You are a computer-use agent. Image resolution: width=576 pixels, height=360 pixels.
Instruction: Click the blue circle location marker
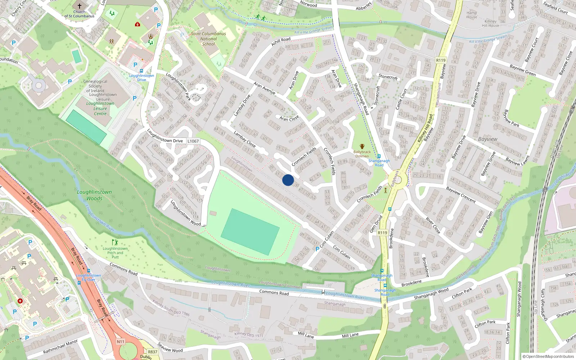pyautogui.click(x=288, y=180)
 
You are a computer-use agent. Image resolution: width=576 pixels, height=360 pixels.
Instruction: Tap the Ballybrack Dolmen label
pyautogui.click(x=362, y=154)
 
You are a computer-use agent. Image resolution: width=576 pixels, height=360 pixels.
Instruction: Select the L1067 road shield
pyautogui.click(x=193, y=141)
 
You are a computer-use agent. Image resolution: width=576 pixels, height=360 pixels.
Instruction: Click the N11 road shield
pyautogui.click(x=121, y=342)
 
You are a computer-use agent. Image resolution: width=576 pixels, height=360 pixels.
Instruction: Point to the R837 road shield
pyautogui.click(x=153, y=352)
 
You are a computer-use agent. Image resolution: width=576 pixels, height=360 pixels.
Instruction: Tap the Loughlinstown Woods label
pyautogui.click(x=94, y=195)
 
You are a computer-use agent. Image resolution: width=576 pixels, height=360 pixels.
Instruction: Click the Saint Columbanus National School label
pyautogui.click(x=208, y=39)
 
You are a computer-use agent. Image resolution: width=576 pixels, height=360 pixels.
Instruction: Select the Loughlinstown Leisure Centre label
pyautogui.click(x=100, y=108)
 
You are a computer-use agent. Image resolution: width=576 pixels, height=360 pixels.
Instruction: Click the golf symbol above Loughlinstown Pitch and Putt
pyautogui.click(x=115, y=242)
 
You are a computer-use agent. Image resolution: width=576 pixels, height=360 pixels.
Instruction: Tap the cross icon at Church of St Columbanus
pyautogui.click(x=79, y=6)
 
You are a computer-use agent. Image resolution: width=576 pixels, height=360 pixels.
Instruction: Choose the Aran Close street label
pyautogui.click(x=289, y=118)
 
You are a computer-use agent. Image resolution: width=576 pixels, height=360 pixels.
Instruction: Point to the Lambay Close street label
pyautogui.click(x=244, y=139)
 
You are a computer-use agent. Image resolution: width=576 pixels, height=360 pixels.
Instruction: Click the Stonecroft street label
pyautogui.click(x=388, y=77)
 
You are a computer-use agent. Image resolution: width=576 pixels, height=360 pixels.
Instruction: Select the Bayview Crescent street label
pyautogui.click(x=461, y=195)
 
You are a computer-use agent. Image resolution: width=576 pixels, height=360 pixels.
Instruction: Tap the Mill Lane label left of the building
pyautogui.click(x=306, y=335)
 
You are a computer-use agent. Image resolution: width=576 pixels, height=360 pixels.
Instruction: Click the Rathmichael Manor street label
pyautogui.click(x=60, y=346)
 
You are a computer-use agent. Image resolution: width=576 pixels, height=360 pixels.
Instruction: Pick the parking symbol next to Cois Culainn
pyautogui.click(x=317, y=249)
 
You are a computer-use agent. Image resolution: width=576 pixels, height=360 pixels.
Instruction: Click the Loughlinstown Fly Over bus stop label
pyautogui.click(x=89, y=277)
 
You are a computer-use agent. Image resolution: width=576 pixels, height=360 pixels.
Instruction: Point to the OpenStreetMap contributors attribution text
pyautogui.click(x=548, y=356)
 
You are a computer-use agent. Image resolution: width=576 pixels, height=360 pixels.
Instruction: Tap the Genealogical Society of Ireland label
pyautogui.click(x=95, y=86)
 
